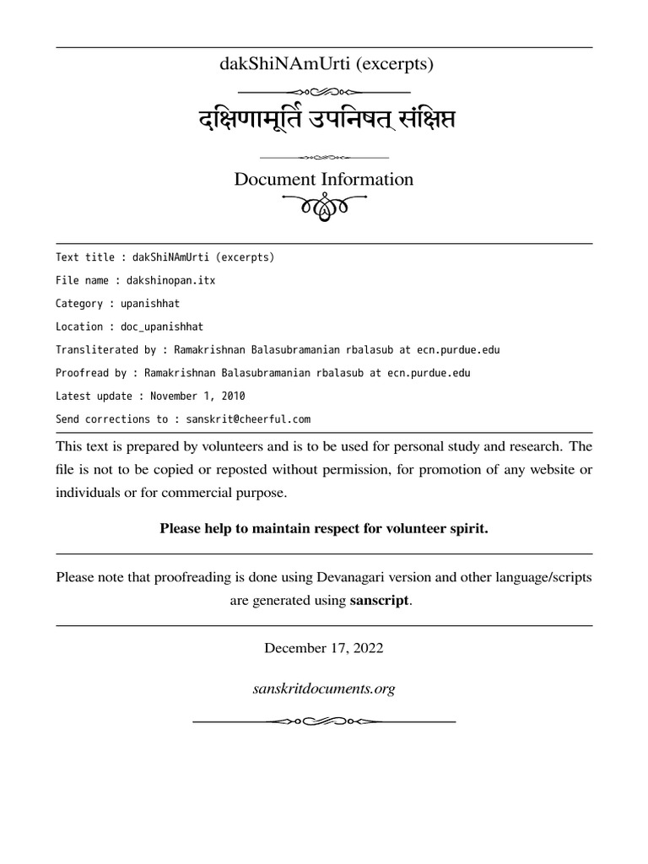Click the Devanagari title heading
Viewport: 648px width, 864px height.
[324, 120]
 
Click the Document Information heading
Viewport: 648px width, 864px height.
[324, 180]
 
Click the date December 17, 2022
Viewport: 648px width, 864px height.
[324, 649]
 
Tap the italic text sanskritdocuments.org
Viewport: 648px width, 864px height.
[324, 689]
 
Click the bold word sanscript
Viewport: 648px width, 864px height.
[379, 602]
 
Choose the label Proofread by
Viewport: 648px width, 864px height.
[91, 372]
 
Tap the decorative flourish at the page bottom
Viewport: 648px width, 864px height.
[324, 721]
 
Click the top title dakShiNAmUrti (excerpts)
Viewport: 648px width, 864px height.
[324, 63]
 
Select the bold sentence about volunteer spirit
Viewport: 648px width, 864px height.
[324, 528]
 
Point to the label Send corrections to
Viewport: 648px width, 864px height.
[109, 418]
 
